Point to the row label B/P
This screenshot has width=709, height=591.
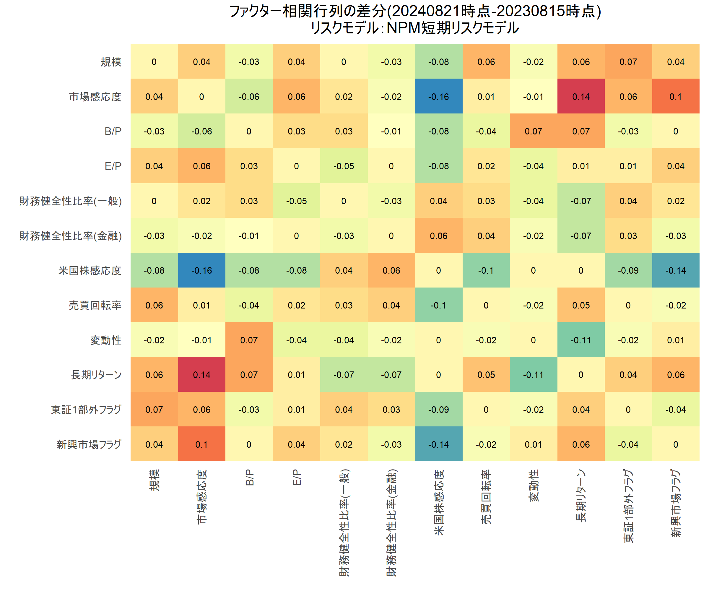click(113, 131)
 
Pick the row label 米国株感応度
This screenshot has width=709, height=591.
click(90, 270)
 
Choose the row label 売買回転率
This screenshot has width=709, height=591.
click(95, 305)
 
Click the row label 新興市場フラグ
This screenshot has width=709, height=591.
click(89, 444)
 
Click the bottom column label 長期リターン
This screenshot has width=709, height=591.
click(581, 496)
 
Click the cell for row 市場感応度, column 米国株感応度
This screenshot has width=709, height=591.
click(439, 97)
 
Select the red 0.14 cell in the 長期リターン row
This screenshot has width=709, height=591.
click(201, 375)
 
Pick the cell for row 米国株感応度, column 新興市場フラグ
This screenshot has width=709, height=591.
click(676, 270)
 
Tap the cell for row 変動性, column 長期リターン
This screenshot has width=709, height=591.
click(581, 340)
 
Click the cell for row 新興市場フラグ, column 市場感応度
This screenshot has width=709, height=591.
click(201, 444)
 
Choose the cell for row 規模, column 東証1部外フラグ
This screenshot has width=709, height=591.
click(628, 62)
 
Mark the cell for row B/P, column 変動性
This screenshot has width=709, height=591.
click(534, 131)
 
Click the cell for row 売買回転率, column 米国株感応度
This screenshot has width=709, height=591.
click(439, 305)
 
